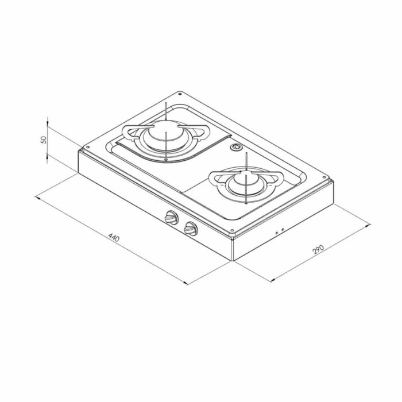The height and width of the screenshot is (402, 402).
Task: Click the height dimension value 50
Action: (x=44, y=139)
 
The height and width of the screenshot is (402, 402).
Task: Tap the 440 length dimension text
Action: (x=114, y=237)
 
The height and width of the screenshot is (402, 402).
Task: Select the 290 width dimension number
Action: (x=318, y=249)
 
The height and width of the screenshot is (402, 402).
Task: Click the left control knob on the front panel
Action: (x=172, y=218)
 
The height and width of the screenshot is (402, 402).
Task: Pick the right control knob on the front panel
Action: (x=191, y=229)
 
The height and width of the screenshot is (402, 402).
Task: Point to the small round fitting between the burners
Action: (x=235, y=147)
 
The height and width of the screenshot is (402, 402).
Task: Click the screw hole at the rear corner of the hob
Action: (x=180, y=94)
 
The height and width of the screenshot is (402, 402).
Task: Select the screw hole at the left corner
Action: (x=88, y=148)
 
